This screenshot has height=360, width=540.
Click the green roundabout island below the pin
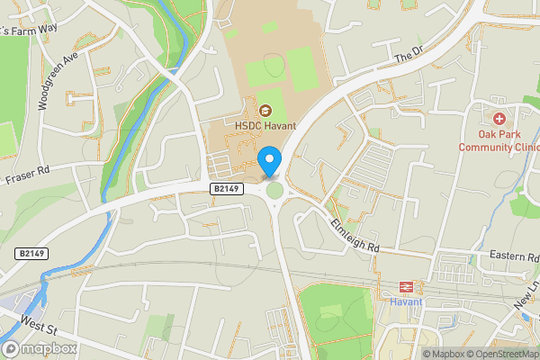[x=274, y=190]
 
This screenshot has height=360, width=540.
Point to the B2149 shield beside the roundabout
[x=229, y=188]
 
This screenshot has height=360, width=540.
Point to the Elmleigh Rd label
[x=356, y=236]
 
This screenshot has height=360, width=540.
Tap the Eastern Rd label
[x=514, y=257]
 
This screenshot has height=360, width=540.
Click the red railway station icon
[x=406, y=287]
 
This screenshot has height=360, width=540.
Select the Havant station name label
[x=406, y=302]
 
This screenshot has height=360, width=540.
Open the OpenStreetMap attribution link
[x=499, y=354]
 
